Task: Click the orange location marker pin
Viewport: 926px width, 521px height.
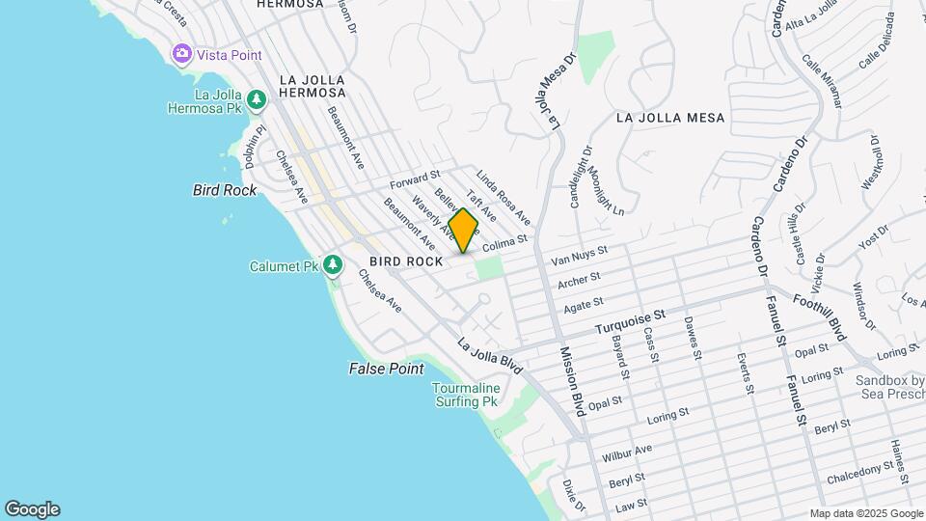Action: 464,231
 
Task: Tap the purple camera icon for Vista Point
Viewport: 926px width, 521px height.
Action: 181,54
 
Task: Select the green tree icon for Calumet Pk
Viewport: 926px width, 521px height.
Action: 333,264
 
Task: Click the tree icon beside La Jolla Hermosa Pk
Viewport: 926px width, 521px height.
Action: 256,99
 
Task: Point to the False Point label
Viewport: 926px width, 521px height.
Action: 386,370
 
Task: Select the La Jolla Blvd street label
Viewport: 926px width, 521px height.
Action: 490,354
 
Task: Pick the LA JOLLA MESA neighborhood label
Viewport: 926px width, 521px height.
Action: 669,118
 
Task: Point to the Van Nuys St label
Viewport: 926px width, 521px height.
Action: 579,257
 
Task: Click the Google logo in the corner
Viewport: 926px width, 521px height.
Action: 32,509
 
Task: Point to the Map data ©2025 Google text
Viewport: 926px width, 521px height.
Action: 865,513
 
